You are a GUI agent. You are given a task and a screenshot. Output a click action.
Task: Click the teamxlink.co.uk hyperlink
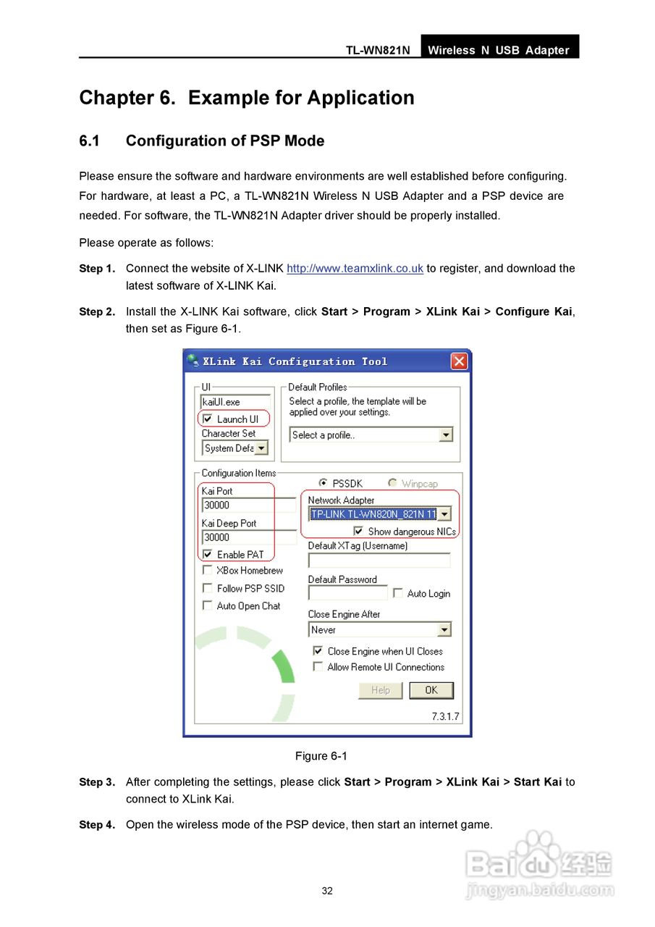(x=355, y=269)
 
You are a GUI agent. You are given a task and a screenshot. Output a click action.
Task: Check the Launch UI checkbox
(x=208, y=419)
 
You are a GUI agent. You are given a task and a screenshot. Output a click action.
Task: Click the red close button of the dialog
(x=459, y=361)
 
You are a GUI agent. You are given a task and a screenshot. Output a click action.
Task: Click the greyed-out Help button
(x=380, y=690)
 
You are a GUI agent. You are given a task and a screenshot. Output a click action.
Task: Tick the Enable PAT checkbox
(x=208, y=555)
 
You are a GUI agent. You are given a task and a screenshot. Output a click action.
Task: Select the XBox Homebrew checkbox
(x=208, y=571)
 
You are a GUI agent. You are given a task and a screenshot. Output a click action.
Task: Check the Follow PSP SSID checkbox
(x=208, y=588)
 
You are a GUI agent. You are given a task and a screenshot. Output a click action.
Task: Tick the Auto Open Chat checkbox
(x=208, y=605)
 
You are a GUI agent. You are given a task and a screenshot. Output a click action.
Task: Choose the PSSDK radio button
(x=323, y=483)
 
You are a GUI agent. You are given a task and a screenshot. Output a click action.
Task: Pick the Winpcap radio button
(x=392, y=483)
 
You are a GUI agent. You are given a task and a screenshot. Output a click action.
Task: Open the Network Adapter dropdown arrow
(x=444, y=514)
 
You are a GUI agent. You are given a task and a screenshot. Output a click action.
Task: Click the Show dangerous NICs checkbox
(x=358, y=531)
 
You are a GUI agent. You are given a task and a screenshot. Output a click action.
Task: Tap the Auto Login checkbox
(x=398, y=593)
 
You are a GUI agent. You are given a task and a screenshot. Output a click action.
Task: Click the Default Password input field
(x=348, y=593)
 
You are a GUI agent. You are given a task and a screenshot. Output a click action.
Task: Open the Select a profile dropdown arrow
(x=446, y=435)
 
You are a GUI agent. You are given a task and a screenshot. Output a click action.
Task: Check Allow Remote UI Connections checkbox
(x=318, y=667)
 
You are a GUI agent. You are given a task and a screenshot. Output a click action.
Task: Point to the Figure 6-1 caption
(x=321, y=756)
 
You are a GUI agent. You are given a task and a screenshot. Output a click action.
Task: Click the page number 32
(x=327, y=891)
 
